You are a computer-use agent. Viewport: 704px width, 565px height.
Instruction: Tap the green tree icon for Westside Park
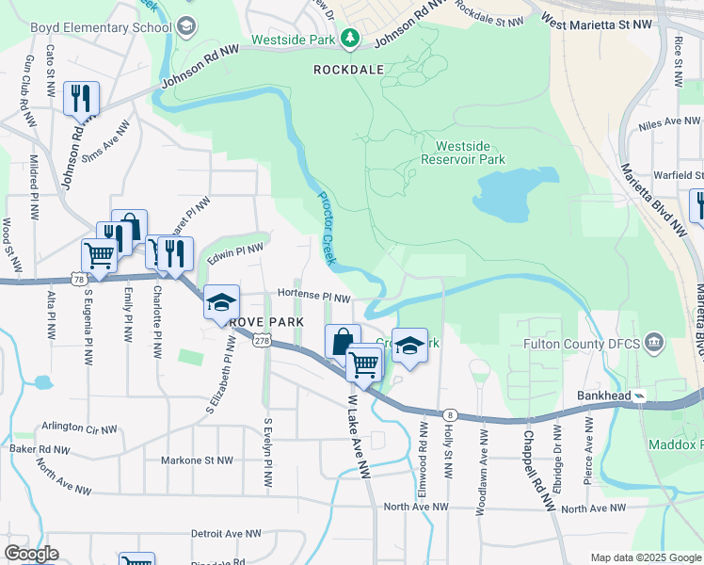tap(351, 37)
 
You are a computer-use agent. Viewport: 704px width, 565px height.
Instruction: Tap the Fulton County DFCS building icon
tap(655, 342)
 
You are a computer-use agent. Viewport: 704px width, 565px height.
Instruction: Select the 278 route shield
tap(263, 343)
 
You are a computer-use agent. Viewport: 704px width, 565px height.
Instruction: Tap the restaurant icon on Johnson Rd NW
tap(81, 98)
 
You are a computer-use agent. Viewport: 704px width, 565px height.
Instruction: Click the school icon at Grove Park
tap(221, 302)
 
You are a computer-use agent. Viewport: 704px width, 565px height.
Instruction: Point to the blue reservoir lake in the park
tap(513, 193)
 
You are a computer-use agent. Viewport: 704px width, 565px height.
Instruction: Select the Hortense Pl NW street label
tap(313, 298)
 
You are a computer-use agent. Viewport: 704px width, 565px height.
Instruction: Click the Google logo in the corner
tap(32, 554)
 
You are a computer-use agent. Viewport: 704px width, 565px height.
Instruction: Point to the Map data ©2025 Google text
tap(646, 557)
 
